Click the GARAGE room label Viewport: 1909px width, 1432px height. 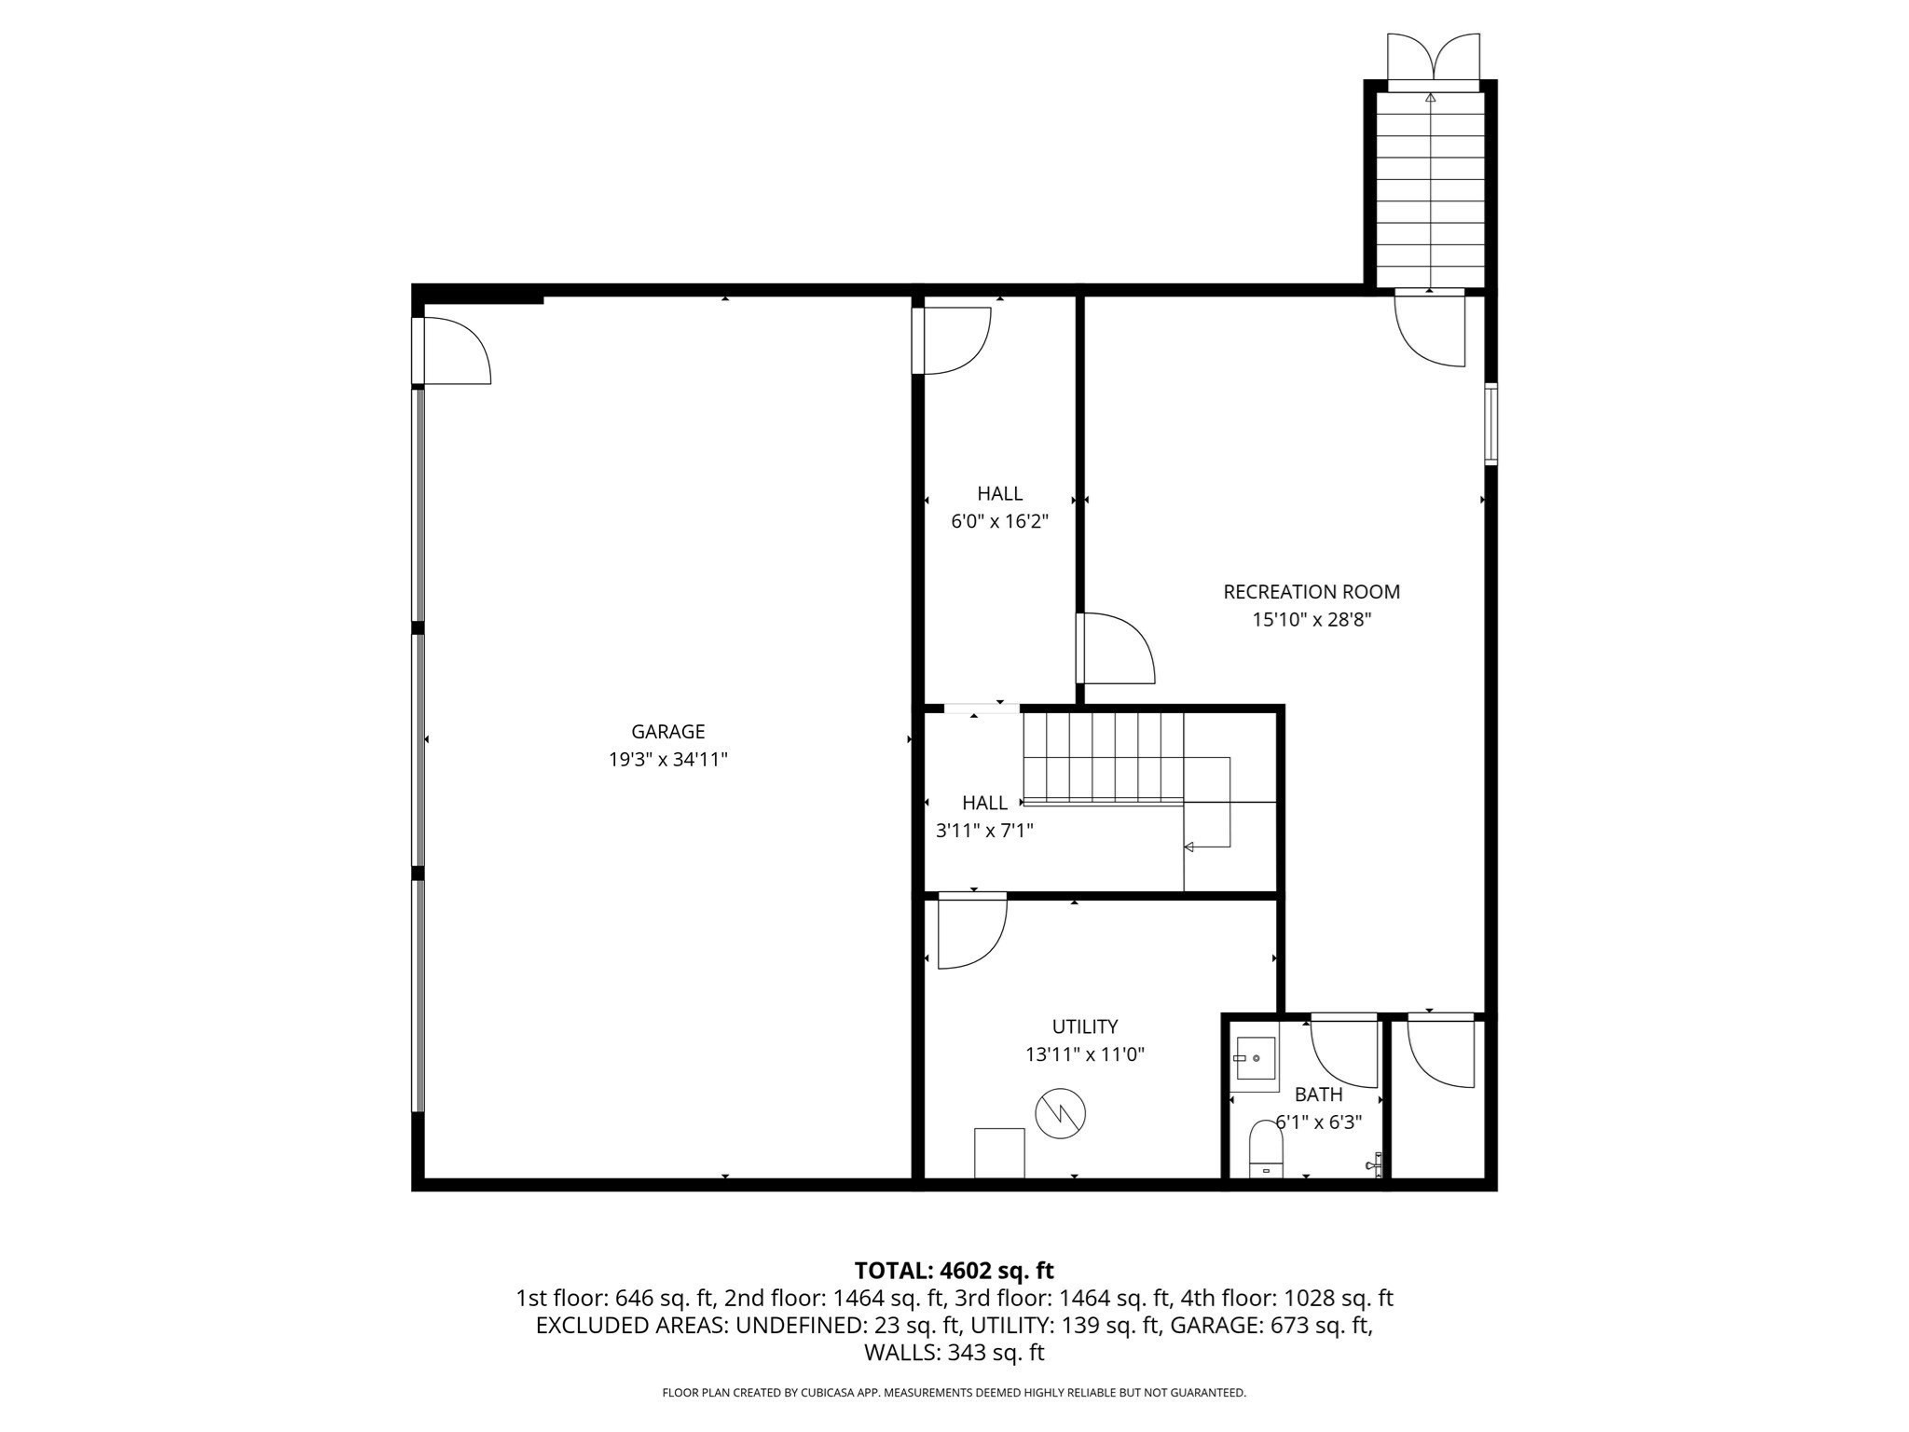(667, 732)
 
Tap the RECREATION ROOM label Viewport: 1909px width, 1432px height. (1311, 592)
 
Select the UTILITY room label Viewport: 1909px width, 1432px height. (1084, 1026)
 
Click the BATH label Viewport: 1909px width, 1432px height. (1318, 1095)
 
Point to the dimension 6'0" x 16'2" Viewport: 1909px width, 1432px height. (999, 521)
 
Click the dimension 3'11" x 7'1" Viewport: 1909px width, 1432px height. (984, 830)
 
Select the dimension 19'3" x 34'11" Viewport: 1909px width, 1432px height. (667, 760)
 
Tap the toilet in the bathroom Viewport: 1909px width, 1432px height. (1265, 1150)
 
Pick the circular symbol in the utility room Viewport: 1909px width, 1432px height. (1060, 1112)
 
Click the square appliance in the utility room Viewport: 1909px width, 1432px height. (999, 1152)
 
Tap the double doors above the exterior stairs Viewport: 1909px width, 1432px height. (1433, 58)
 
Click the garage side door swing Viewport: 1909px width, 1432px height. (455, 351)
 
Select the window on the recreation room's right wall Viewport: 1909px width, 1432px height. (1490, 423)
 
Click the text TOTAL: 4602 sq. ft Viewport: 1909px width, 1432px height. (954, 1271)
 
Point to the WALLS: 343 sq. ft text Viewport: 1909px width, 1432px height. (954, 1353)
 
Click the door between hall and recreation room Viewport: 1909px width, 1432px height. (1115, 648)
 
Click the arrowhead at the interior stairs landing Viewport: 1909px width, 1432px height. (1189, 847)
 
